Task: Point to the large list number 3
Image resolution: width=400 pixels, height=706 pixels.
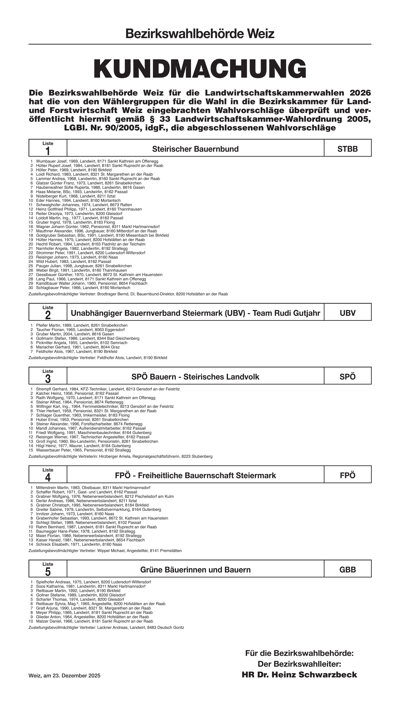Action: click(x=48, y=379)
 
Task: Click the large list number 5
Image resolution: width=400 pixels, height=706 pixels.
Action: click(x=48, y=572)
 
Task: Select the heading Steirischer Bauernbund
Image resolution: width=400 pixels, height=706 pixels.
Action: click(x=195, y=149)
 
